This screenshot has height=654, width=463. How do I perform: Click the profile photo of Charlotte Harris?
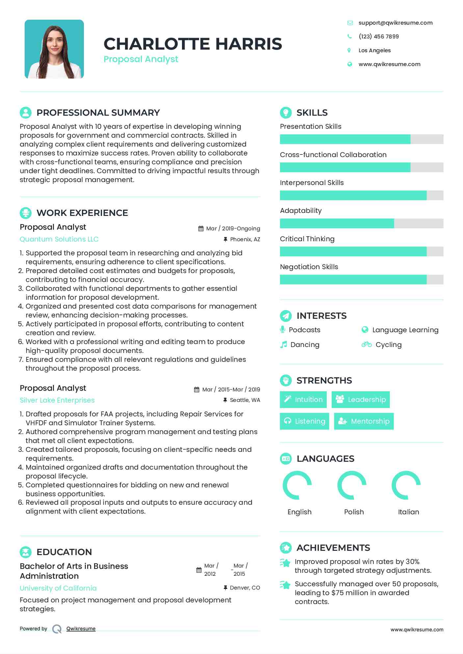click(54, 49)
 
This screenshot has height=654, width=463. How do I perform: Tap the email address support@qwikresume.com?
click(395, 23)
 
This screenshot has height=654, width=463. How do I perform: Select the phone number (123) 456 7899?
click(378, 36)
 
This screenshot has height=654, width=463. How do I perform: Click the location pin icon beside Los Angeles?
click(349, 50)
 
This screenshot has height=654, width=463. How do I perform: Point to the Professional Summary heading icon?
click(26, 112)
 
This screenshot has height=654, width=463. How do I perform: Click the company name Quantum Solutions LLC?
click(59, 239)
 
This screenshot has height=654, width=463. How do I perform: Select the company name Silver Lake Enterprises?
click(57, 400)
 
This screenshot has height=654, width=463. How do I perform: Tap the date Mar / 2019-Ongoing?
click(233, 228)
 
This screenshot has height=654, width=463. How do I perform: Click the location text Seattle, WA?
click(245, 400)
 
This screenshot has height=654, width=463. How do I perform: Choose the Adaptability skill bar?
click(361, 223)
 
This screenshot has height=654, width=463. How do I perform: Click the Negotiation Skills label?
click(309, 267)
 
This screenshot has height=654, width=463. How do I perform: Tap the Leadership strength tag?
click(361, 400)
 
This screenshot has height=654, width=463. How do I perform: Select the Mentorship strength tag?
click(364, 421)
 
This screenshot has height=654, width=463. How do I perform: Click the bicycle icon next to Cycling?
click(366, 344)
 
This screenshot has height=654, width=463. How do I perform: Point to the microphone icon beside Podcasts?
click(282, 330)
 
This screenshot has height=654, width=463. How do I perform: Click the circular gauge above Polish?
click(352, 485)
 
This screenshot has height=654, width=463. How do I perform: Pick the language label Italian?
click(408, 512)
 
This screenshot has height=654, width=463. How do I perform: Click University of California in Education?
click(58, 588)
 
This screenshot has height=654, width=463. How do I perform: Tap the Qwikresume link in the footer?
click(81, 629)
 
